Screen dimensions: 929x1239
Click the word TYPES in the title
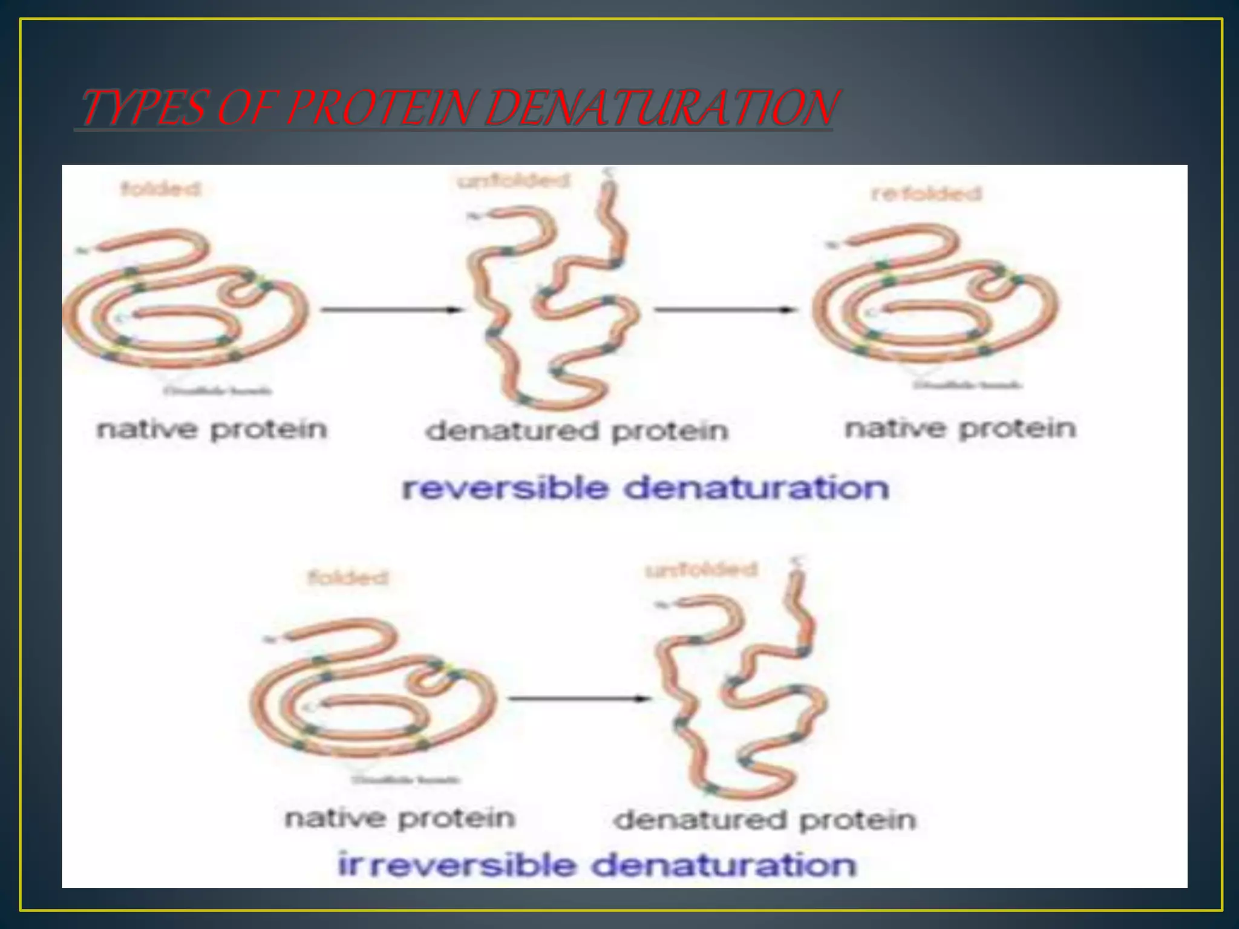pos(143,109)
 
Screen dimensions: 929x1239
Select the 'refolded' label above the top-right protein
pos(926,194)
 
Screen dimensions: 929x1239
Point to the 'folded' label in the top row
pos(160,189)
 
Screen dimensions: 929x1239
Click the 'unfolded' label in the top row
pos(514,181)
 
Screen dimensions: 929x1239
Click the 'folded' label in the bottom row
pos(348,578)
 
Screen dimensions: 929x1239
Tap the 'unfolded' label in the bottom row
pos(701,570)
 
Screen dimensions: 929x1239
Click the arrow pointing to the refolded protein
pos(724,310)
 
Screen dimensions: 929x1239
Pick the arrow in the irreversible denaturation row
pos(579,699)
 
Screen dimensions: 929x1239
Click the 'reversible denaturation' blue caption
pos(646,488)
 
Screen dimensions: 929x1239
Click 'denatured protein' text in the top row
pos(577,432)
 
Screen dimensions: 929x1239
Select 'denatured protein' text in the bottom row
pos(765,821)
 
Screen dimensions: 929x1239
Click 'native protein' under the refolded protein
pos(960,429)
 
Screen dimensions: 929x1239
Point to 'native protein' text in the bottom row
pos(400,818)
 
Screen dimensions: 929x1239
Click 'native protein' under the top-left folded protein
pos(212,430)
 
